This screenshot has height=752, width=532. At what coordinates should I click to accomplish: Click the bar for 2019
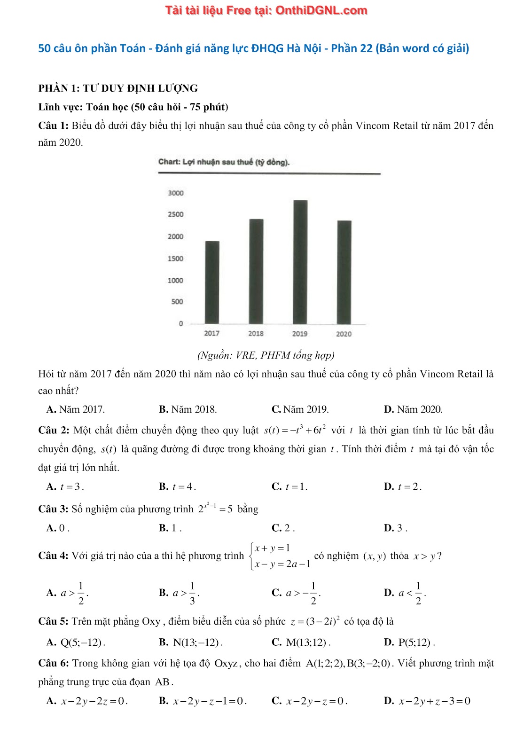point(300,262)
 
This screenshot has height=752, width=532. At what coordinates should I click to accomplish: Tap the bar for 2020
point(344,272)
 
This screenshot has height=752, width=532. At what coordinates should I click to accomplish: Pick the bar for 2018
point(256,271)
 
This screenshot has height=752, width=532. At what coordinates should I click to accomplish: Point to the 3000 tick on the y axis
point(176,193)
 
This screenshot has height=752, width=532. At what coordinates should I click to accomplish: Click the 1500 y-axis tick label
point(176,258)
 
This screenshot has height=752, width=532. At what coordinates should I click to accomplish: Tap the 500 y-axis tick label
point(177,302)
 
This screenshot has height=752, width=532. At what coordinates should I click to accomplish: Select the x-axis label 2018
point(256,334)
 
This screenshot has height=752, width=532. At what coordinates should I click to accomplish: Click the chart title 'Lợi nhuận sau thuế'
point(224,162)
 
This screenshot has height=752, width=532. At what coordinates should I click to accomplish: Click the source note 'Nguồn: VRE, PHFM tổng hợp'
point(266,355)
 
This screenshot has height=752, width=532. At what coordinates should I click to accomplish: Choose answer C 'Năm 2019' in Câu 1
point(300,409)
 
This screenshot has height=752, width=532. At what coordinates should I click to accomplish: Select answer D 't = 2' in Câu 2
point(403,487)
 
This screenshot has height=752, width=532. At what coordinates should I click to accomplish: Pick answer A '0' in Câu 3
point(58,528)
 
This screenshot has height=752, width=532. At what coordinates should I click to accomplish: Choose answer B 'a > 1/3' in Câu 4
point(179,593)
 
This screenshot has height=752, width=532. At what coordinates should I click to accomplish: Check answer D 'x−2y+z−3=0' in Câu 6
point(427,701)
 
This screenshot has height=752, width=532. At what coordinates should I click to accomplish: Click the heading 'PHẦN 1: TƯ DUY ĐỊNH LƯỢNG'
point(118,88)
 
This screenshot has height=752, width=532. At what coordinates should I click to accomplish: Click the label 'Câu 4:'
point(53,556)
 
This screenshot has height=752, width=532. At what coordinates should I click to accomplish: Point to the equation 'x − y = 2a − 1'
point(282,564)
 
